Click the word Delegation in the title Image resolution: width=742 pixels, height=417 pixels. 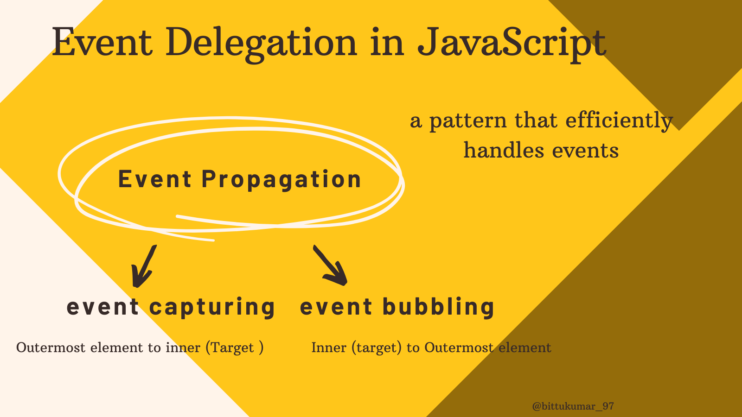(x=261, y=44)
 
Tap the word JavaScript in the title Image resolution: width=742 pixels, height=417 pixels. (x=512, y=44)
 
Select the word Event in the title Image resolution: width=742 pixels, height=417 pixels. (x=102, y=42)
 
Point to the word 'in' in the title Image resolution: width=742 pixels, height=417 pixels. (x=387, y=42)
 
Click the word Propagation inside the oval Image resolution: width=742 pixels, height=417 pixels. (x=281, y=180)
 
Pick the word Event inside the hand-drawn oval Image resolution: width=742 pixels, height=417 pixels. (x=155, y=179)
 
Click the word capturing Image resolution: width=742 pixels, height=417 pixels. (x=212, y=308)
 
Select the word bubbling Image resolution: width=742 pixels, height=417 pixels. (x=438, y=307)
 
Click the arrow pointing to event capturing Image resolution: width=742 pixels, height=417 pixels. (x=143, y=267)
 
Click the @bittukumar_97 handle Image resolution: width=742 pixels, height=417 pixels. (x=573, y=406)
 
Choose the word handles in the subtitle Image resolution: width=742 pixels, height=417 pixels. (x=504, y=150)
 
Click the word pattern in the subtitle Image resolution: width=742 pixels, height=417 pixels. (x=468, y=122)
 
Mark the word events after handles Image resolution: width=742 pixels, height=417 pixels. (x=585, y=151)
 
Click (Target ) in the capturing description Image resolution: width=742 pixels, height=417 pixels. (x=235, y=348)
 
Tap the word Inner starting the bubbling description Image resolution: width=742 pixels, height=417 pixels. (x=329, y=347)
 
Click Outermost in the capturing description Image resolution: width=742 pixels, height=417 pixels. (x=51, y=347)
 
